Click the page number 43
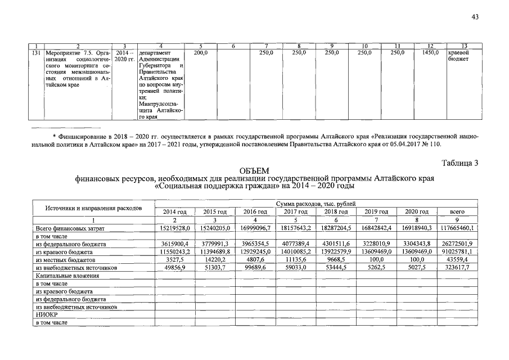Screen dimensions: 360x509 pyautogui.click(x=475, y=17)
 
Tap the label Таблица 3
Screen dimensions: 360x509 pyautogui.click(x=460, y=164)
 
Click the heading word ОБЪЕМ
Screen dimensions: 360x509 pyautogui.click(x=254, y=170)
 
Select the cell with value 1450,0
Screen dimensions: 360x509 pyautogui.click(x=430, y=52)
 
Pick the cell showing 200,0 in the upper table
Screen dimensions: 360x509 pyautogui.click(x=200, y=52)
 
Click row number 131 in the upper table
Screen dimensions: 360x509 pyautogui.click(x=35, y=52)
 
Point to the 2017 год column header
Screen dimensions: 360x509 pyautogui.click(x=295, y=211)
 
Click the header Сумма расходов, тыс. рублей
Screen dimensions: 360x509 pyautogui.click(x=315, y=203)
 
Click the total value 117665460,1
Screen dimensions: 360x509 pyautogui.click(x=457, y=228)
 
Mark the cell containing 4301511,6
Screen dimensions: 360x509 pyautogui.click(x=336, y=244)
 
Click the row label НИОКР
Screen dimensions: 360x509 pyautogui.click(x=44, y=316)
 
